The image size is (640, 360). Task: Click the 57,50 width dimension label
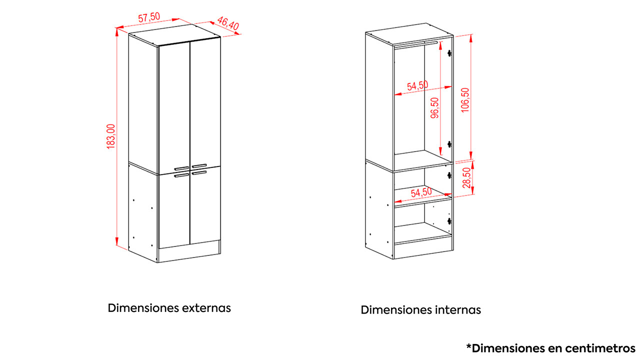click(x=149, y=17)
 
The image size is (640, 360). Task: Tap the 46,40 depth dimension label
click(x=227, y=23)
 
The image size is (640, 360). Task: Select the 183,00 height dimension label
click(x=111, y=136)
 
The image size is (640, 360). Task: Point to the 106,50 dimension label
click(x=465, y=100)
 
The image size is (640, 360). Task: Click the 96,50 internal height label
click(x=434, y=107)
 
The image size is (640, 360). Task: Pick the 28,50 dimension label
click(x=466, y=177)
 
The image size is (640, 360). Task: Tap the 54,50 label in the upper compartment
click(x=417, y=85)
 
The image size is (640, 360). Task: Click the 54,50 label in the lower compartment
click(x=421, y=192)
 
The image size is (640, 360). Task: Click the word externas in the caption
click(x=206, y=308)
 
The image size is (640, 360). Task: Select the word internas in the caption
click(x=458, y=310)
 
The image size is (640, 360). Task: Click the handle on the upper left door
click(x=181, y=168)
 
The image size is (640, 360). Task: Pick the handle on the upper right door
click(x=199, y=165)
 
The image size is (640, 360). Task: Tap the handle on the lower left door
click(x=181, y=175)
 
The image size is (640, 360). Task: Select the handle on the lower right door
click(x=199, y=172)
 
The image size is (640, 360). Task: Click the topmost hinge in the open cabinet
click(x=449, y=53)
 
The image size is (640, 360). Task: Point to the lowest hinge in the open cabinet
click(x=449, y=221)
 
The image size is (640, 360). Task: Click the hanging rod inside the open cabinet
click(x=415, y=45)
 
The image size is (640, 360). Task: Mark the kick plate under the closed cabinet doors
click(x=189, y=251)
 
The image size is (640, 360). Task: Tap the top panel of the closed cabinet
click(x=174, y=35)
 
